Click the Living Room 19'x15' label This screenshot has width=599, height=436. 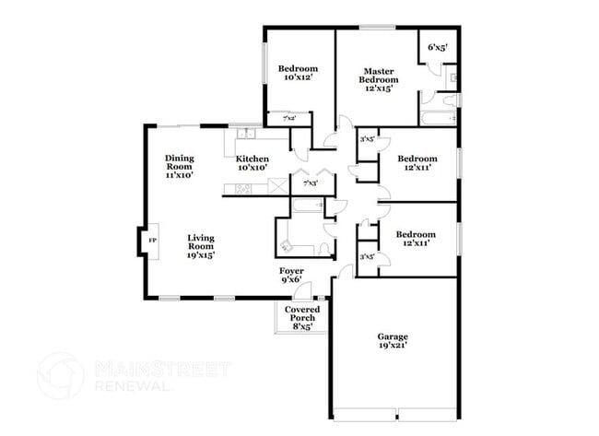[201, 246]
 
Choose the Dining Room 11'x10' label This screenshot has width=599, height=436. [179, 165]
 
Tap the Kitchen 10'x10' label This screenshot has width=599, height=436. [253, 163]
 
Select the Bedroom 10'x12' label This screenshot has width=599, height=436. [299, 74]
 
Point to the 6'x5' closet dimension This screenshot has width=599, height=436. [435, 47]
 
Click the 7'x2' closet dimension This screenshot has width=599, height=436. [276, 118]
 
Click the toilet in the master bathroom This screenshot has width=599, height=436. [452, 81]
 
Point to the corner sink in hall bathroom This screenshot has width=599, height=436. [285, 246]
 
